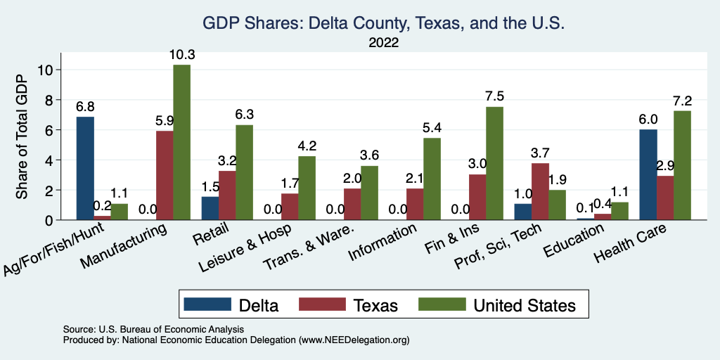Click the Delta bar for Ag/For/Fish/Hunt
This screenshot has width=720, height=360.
pyautogui.click(x=85, y=169)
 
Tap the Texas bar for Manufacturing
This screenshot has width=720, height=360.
pyautogui.click(x=165, y=176)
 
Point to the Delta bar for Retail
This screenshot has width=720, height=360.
pyautogui.click(x=210, y=209)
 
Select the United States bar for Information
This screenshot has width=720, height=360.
pyautogui.click(x=432, y=179)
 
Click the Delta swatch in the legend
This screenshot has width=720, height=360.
pyautogui.click(x=207, y=304)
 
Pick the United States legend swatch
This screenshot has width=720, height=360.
pyautogui.click(x=442, y=304)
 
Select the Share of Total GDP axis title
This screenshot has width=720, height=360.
pyautogui.click(x=22, y=136)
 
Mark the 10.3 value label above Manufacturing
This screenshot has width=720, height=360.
pyautogui.click(x=181, y=54)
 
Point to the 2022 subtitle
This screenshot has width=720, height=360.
pyautogui.click(x=384, y=43)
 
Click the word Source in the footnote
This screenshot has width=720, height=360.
pyautogui.click(x=79, y=329)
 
